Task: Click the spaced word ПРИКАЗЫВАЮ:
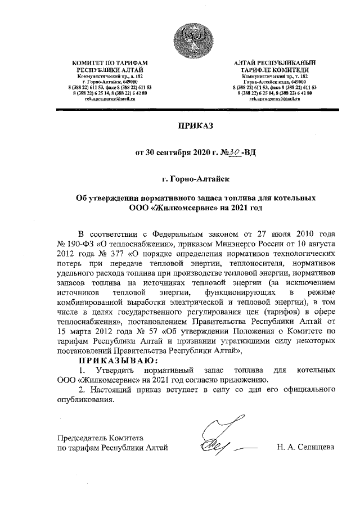119,361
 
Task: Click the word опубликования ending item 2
85,400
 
